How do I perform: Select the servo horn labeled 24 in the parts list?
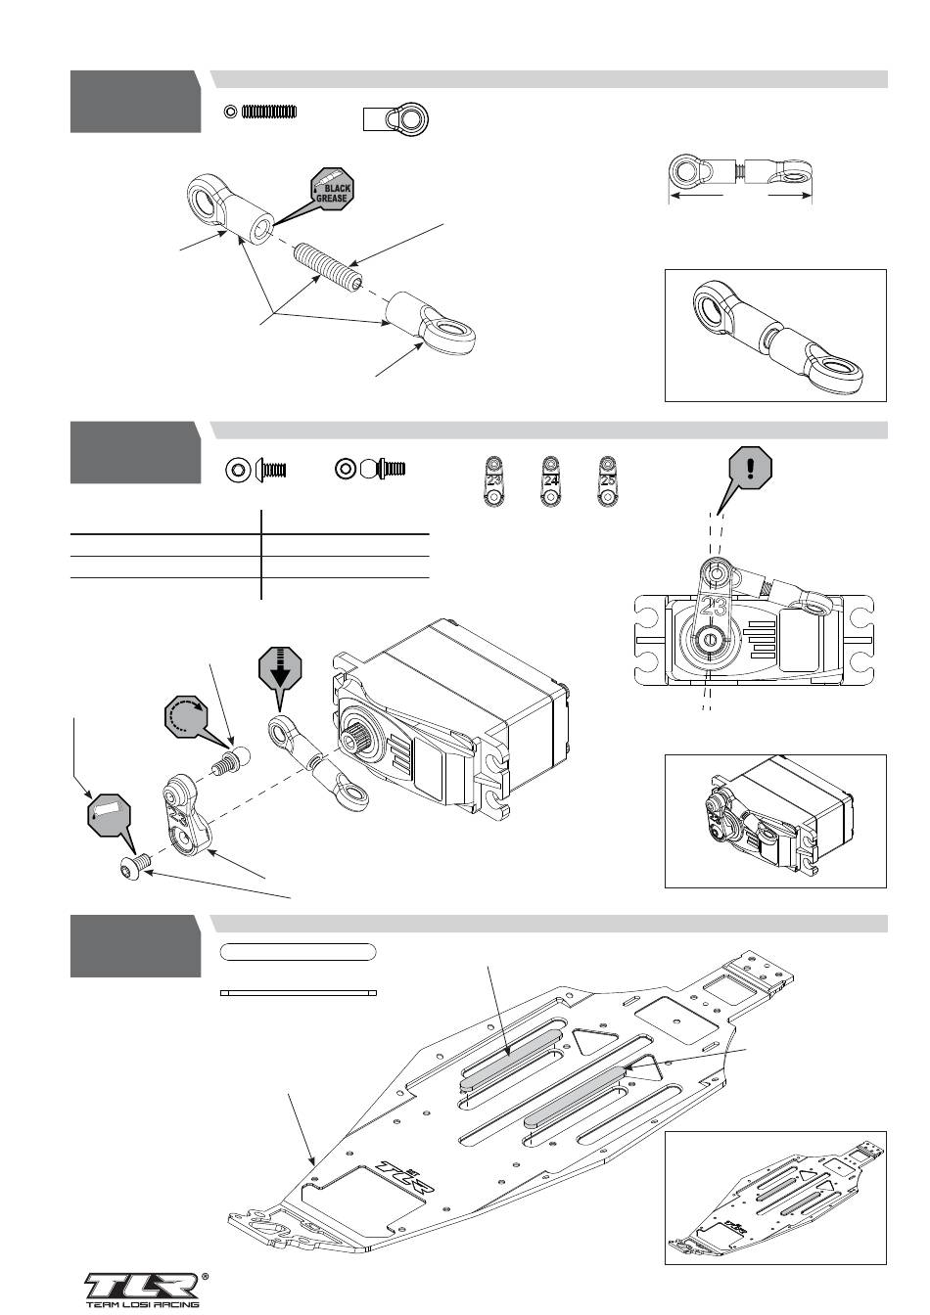point(551,481)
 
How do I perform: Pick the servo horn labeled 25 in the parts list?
point(608,481)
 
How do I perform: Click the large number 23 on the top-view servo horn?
point(714,605)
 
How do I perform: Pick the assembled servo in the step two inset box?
point(773,820)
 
